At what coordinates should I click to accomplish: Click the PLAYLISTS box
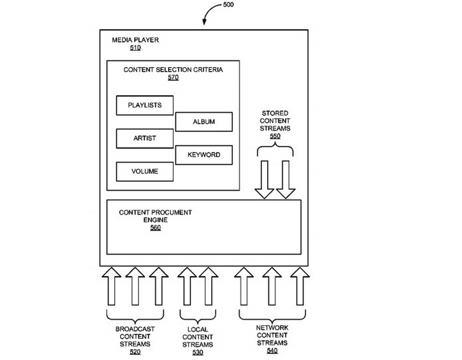[145, 105]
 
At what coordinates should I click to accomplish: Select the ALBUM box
[204, 122]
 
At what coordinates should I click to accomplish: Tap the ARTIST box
[145, 138]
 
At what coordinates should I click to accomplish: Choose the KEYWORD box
[204, 155]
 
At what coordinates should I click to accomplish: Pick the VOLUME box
[145, 172]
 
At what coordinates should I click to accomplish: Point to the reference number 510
[135, 47]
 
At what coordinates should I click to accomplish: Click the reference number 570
[173, 78]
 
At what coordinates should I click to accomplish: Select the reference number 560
[155, 228]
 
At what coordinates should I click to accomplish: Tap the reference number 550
[275, 136]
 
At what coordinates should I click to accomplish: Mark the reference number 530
[198, 352]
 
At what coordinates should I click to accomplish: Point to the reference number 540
[272, 350]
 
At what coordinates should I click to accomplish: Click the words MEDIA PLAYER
[135, 40]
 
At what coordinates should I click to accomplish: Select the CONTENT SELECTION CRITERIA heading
[173, 70]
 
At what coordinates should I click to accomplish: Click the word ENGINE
[155, 220]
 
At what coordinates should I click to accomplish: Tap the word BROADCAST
[135, 329]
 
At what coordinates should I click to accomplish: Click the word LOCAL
[198, 329]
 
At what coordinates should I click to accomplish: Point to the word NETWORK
[272, 328]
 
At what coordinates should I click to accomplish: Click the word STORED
[275, 113]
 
